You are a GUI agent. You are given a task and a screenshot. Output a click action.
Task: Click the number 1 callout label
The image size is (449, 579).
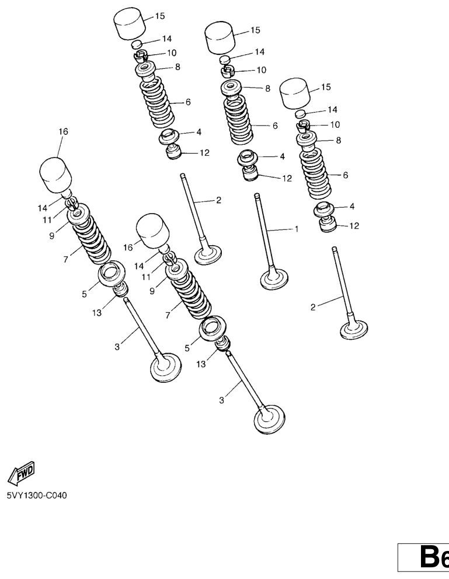tap(296, 229)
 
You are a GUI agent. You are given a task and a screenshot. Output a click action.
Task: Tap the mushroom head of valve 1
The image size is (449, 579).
tap(274, 280)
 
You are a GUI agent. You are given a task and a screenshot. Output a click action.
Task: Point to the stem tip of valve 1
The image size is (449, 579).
tap(257, 196)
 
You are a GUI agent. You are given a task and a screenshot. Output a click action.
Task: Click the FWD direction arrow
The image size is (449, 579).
tap(22, 473)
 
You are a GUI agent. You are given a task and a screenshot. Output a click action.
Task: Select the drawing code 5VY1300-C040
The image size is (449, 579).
tap(37, 495)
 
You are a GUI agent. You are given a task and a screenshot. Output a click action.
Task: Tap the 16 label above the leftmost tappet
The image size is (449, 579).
tap(63, 131)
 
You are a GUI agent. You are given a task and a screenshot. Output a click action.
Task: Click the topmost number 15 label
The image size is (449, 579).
tap(160, 16)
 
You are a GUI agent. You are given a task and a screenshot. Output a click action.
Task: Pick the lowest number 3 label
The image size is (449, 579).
tap(221, 400)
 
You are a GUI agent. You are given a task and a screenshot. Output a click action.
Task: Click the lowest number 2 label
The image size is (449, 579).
tap(313, 307)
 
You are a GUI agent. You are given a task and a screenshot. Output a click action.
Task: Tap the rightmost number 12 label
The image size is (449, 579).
tap(354, 226)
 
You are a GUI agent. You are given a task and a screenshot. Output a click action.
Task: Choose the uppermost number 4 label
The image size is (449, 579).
tap(199, 132)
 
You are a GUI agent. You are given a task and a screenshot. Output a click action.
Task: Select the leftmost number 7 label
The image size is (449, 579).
tap(65, 260)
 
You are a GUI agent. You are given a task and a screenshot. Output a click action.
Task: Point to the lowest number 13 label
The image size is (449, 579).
tap(200, 364)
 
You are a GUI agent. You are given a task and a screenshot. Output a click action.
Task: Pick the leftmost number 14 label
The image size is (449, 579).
tap(43, 208)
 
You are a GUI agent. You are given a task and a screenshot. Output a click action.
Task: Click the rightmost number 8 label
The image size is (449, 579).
tap(338, 140)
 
